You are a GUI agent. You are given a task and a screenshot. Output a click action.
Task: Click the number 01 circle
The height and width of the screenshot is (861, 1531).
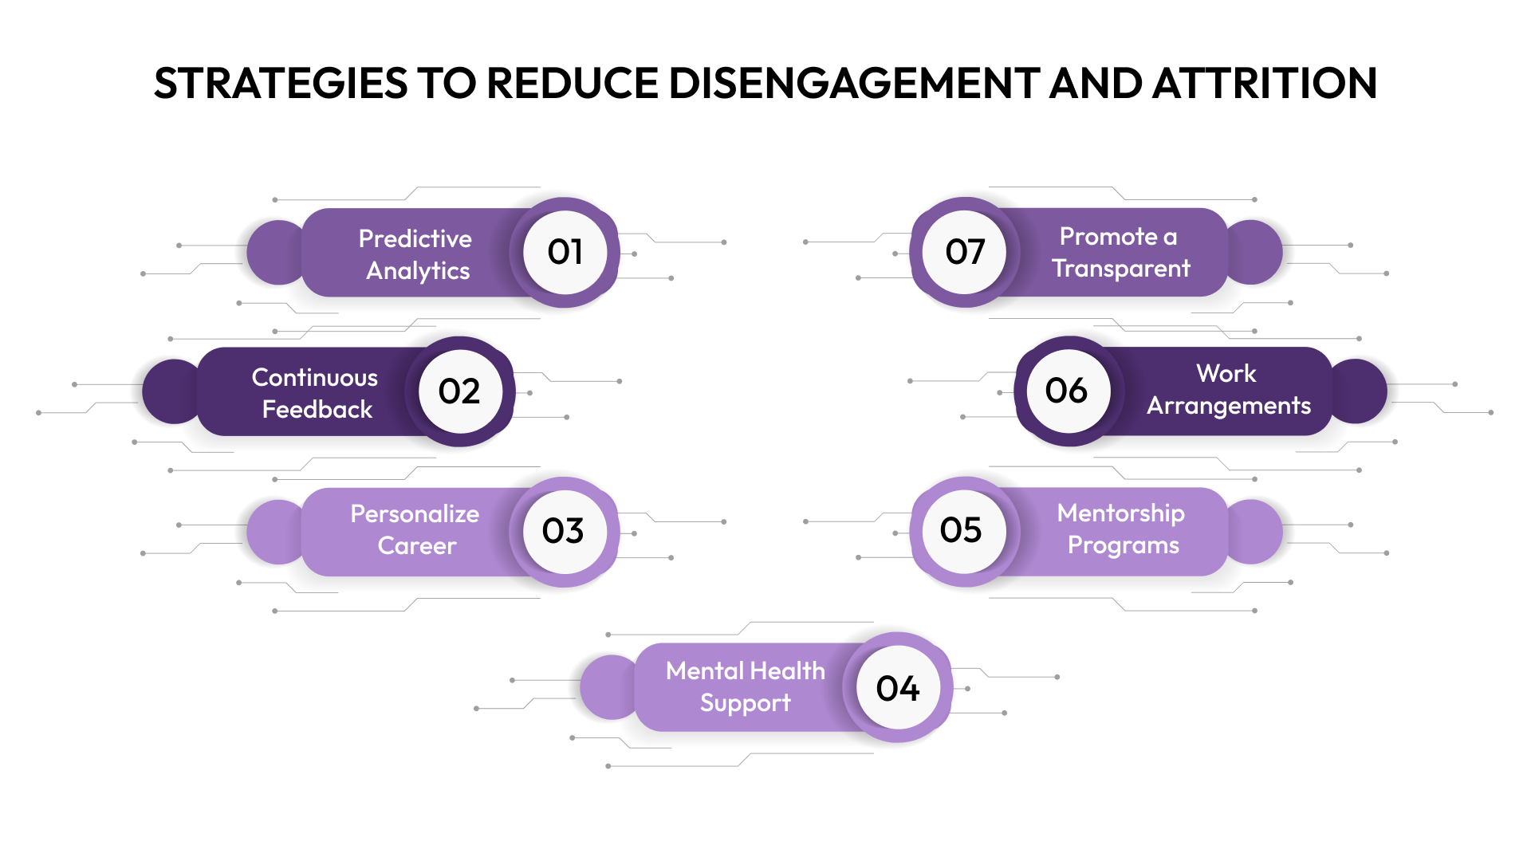point(565,252)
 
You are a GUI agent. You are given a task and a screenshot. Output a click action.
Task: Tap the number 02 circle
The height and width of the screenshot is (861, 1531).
point(460,391)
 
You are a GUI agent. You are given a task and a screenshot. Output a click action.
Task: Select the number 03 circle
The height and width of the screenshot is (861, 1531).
point(564,531)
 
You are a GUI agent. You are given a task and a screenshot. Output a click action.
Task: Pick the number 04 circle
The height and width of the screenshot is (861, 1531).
point(898,688)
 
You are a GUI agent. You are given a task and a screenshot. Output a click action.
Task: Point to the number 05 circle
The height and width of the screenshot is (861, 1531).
point(962,530)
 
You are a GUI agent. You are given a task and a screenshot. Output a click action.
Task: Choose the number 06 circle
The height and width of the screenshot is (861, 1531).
point(1067,391)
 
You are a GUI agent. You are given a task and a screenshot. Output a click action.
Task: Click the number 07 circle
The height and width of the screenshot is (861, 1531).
point(965,252)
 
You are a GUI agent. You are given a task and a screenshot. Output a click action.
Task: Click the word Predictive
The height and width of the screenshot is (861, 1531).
point(415,238)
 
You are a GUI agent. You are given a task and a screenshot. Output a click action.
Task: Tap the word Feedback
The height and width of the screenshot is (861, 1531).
point(317,409)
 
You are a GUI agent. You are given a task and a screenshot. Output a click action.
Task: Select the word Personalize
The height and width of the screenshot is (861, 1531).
point(415,513)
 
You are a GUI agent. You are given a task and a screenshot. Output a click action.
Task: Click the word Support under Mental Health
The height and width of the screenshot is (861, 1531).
point(745,703)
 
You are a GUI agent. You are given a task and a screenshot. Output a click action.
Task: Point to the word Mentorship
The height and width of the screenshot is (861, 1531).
point(1120,513)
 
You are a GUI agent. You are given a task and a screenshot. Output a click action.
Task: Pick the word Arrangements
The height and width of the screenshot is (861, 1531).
point(1228,406)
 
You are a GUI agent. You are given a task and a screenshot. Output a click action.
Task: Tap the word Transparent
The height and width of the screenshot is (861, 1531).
point(1120,269)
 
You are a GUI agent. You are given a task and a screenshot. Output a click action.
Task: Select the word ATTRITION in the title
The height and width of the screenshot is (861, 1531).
point(1265,83)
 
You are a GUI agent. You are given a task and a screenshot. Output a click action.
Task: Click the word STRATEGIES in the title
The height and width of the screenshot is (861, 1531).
point(280,83)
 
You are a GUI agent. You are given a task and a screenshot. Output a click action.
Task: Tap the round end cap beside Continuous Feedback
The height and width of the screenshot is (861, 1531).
point(169,391)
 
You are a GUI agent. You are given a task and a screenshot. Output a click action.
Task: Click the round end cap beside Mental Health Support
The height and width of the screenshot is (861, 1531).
point(608,687)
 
